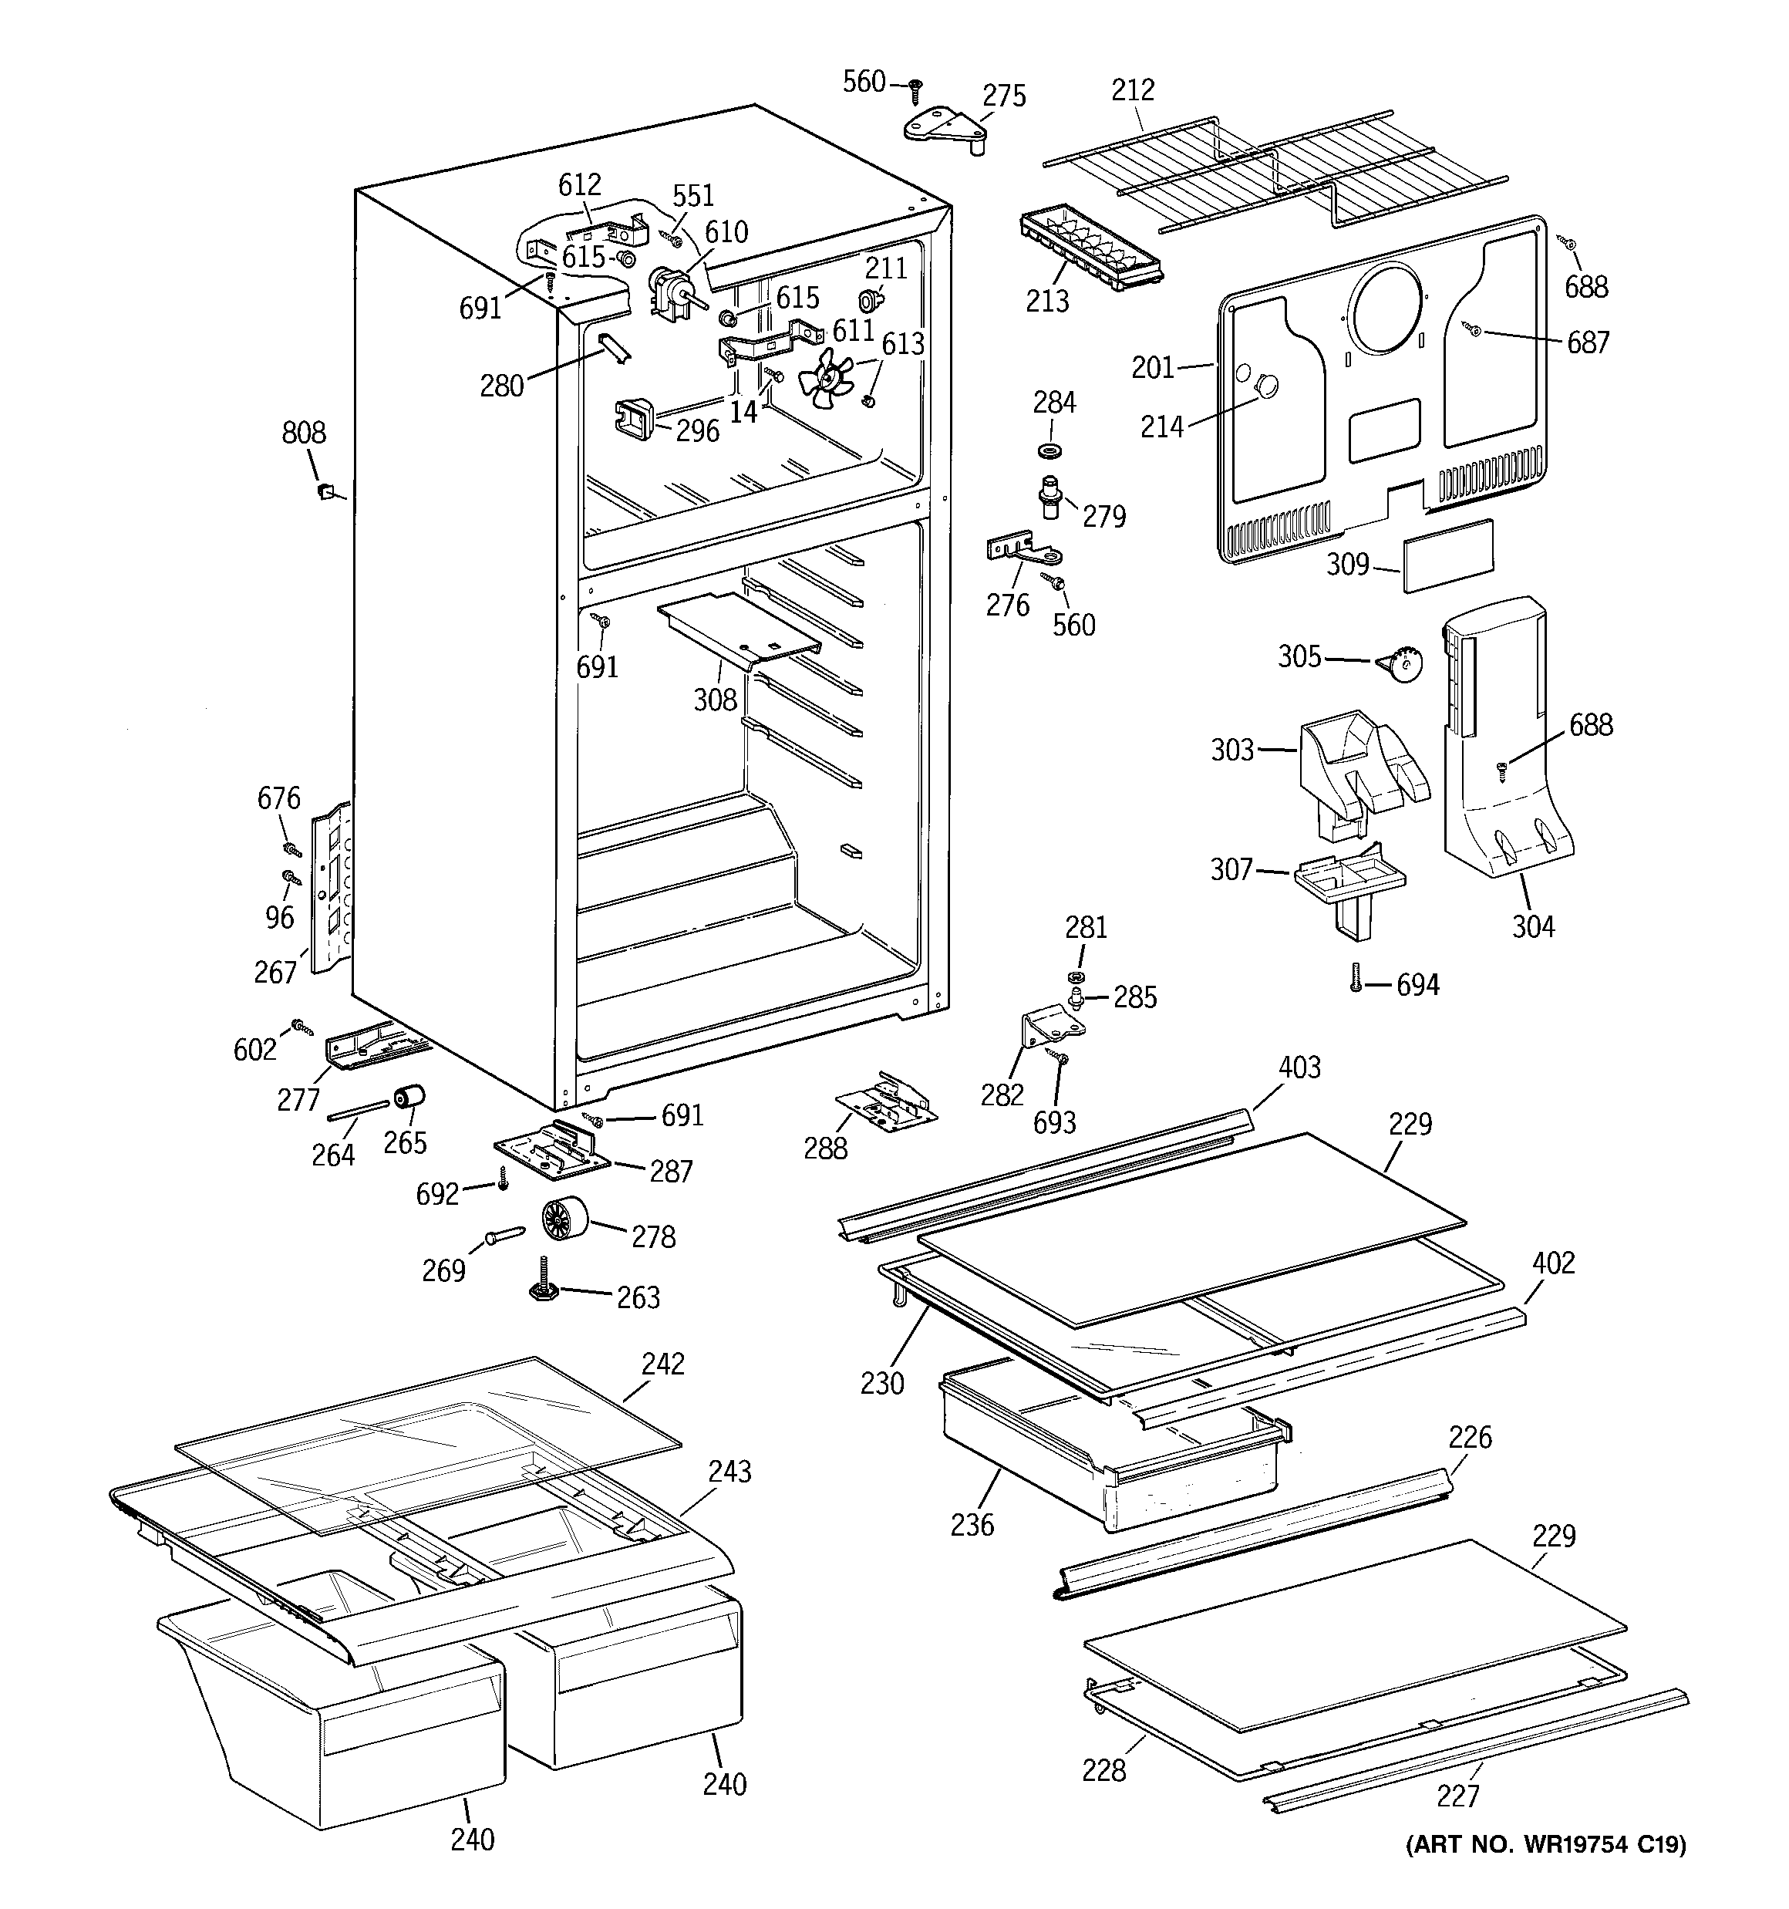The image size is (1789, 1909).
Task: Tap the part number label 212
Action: [1132, 90]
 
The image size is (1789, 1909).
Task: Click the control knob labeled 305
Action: [1401, 663]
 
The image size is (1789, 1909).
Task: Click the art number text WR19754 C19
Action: [1546, 1843]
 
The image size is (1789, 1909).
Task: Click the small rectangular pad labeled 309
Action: [1449, 555]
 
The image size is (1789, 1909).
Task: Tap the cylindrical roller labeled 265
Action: [411, 1098]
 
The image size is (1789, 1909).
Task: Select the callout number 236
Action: [972, 1524]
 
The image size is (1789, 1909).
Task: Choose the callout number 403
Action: [1299, 1067]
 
